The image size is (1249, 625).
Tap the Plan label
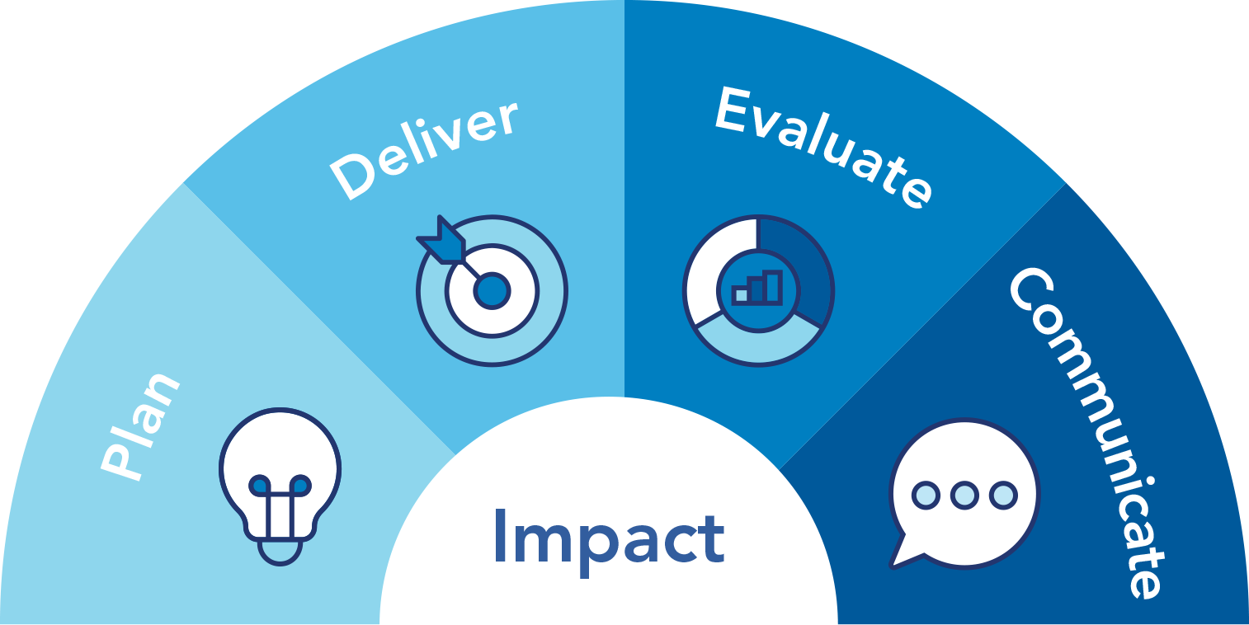click(x=140, y=426)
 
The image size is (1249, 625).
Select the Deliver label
click(x=425, y=150)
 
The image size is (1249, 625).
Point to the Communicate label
click(x=1087, y=433)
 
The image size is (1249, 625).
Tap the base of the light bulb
click(x=280, y=552)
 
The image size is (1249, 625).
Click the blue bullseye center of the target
click(x=492, y=290)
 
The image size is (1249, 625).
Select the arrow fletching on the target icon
click(x=441, y=241)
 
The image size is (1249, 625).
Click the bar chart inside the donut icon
click(x=758, y=288)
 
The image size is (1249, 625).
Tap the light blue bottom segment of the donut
click(x=758, y=344)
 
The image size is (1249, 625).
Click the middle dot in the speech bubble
click(x=964, y=495)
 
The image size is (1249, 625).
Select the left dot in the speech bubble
click(x=926, y=495)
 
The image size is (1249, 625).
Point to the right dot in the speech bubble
click(x=1004, y=495)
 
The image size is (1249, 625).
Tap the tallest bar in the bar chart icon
click(x=774, y=287)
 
